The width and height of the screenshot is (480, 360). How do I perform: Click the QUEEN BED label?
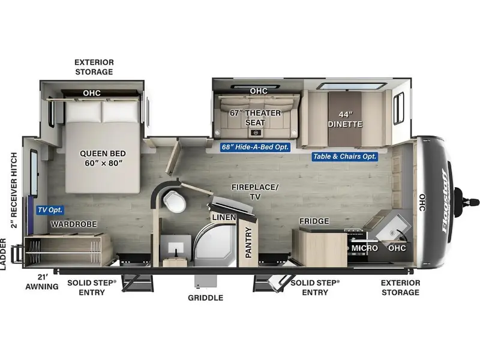point(103,158)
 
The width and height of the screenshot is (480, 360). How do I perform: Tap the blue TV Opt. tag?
point(50,210)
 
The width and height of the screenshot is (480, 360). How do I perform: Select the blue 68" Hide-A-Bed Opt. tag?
point(255,147)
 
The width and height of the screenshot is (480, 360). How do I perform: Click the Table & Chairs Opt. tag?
point(344,157)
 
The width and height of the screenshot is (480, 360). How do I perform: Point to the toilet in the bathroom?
point(175,201)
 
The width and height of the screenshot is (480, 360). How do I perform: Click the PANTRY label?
point(248,242)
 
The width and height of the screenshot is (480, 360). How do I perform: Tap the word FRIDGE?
point(314,221)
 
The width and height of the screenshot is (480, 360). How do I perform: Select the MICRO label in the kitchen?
point(364,248)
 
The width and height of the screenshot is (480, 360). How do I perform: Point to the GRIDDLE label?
point(205,298)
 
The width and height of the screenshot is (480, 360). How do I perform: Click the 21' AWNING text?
point(42,281)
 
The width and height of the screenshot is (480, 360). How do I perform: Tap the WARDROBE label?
point(74,224)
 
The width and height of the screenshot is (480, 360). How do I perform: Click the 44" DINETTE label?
point(345,119)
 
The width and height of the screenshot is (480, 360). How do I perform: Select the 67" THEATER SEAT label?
point(256,118)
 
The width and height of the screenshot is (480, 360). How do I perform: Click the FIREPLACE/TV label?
point(255,191)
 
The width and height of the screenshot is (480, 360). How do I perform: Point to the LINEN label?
point(224,217)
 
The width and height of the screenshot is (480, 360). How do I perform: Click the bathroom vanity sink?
point(175,247)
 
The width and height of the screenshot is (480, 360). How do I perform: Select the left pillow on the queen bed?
point(83,112)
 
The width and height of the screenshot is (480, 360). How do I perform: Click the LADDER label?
point(3,254)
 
